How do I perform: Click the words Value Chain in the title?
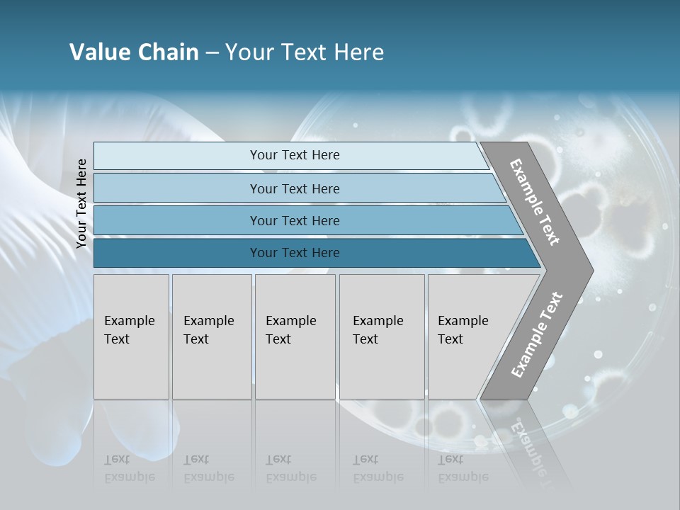point(134,52)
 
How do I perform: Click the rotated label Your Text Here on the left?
point(81,203)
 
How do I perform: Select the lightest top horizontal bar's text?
point(295,155)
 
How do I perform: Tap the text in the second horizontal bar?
point(295,189)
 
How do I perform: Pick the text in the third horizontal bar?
point(295,221)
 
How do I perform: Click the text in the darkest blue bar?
point(295,253)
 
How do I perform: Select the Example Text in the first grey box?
point(129,330)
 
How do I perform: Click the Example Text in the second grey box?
point(208,330)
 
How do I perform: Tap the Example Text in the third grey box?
point(290,330)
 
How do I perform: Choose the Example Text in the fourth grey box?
point(378,330)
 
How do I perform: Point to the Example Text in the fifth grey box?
point(463,330)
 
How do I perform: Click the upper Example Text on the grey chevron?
point(535,202)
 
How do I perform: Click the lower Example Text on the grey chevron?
point(536,335)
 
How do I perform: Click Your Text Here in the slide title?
point(305,52)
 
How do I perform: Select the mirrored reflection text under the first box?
point(129,468)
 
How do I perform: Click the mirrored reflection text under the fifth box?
point(463,468)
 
